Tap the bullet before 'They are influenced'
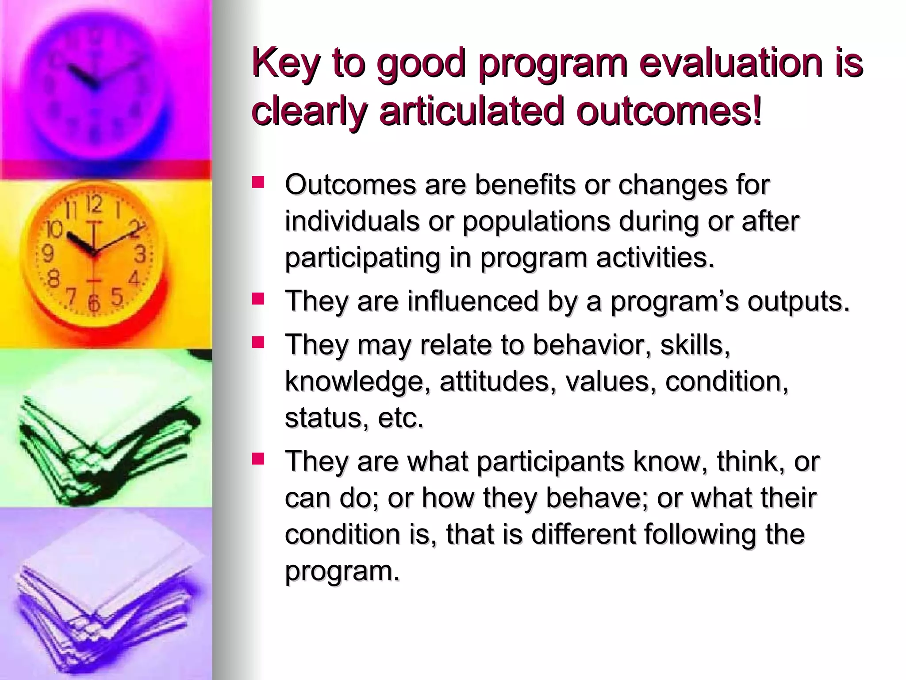[x=258, y=299]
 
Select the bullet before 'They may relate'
[x=258, y=342]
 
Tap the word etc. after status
[x=400, y=418]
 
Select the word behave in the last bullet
[x=597, y=498]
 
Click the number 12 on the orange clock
[x=94, y=204]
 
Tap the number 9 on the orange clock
[x=47, y=254]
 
